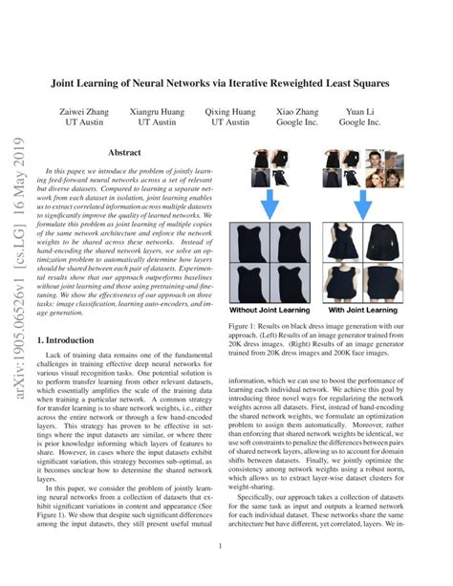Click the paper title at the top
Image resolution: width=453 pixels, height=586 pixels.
click(226, 82)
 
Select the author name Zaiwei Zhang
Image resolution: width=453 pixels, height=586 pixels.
click(86, 111)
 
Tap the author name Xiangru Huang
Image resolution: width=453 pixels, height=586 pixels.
click(157, 111)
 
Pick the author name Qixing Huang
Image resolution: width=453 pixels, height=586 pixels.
click(230, 111)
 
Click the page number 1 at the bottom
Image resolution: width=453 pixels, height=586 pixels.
click(221, 546)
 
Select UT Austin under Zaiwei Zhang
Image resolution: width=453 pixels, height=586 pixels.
click(86, 123)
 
